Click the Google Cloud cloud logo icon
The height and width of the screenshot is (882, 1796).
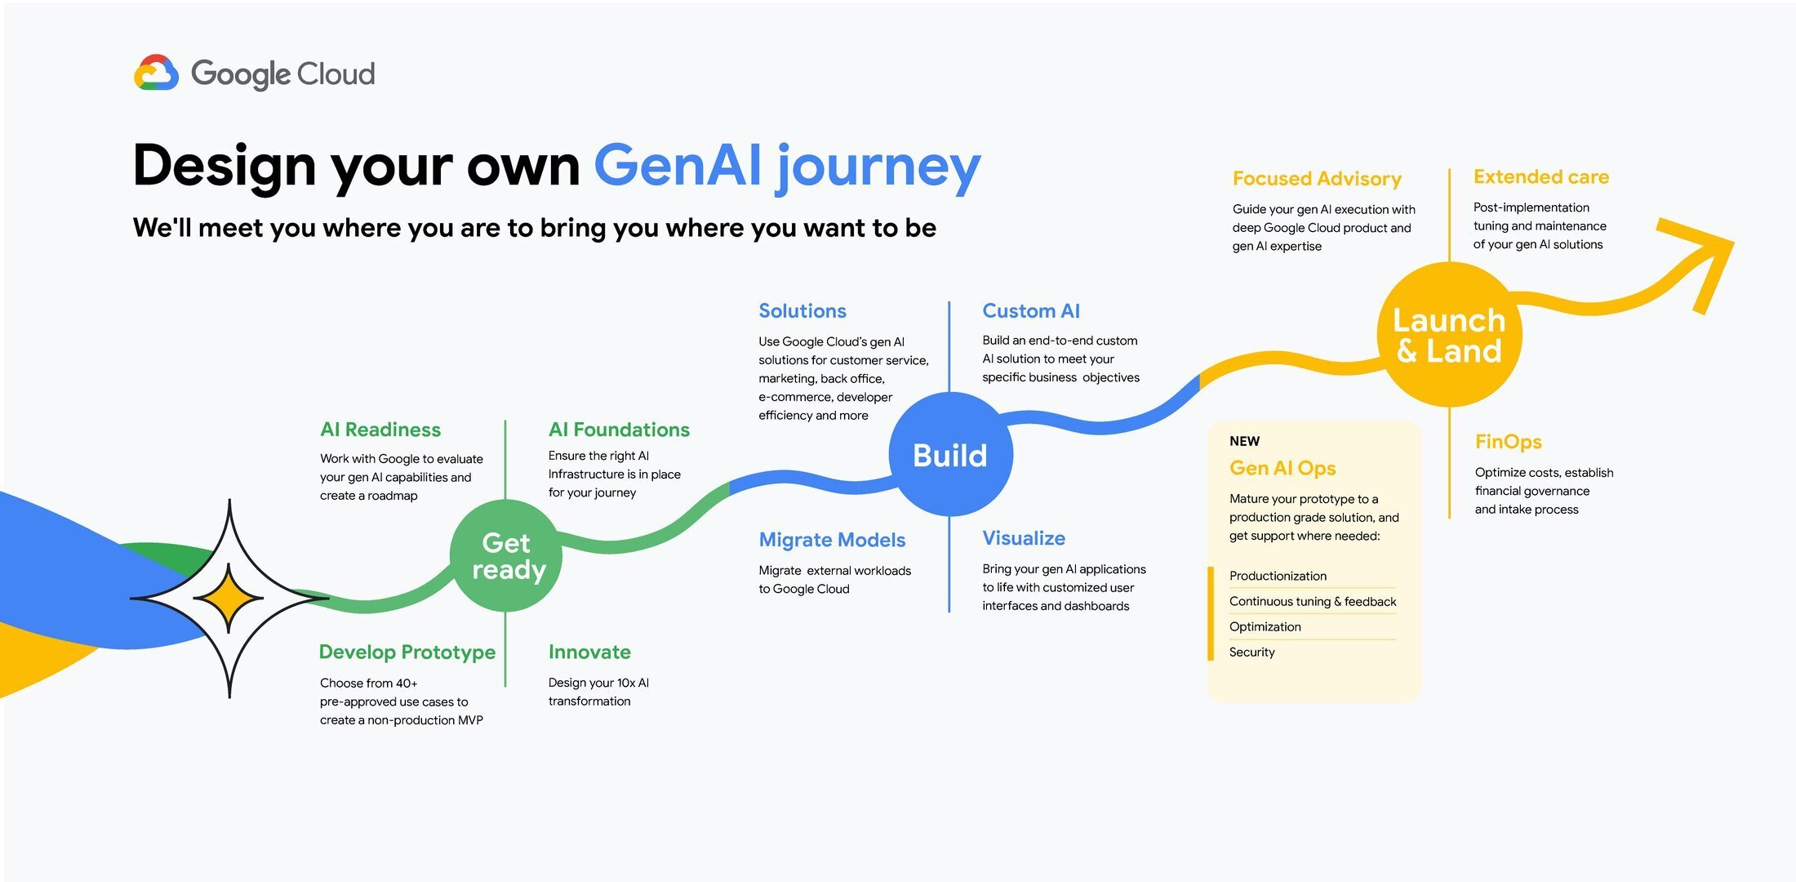pos(156,73)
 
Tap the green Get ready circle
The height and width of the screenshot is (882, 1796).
pos(506,556)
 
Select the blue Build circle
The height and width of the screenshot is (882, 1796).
pos(950,455)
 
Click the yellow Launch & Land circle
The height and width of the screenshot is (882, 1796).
pos(1449,335)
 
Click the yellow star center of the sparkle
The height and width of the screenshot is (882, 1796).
pos(229,599)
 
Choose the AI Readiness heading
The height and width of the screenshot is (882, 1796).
pos(380,430)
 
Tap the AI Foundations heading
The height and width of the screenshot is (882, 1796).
pos(619,430)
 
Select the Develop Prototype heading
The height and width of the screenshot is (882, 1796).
pos(407,652)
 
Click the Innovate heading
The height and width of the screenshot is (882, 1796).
pos(589,652)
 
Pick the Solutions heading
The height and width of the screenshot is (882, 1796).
pos(802,311)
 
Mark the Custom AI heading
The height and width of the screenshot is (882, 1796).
pos(1031,311)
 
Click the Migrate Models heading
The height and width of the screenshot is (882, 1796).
pos(832,540)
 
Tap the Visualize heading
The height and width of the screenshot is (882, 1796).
pos(1024,538)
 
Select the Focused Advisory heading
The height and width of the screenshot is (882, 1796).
pos(1317,179)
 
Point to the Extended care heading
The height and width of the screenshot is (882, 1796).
pos(1541,177)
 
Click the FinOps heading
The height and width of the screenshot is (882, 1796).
pos(1509,442)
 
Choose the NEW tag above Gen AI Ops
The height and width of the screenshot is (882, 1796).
pos(1244,441)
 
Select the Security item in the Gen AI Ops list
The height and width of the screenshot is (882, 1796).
pos(1252,652)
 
